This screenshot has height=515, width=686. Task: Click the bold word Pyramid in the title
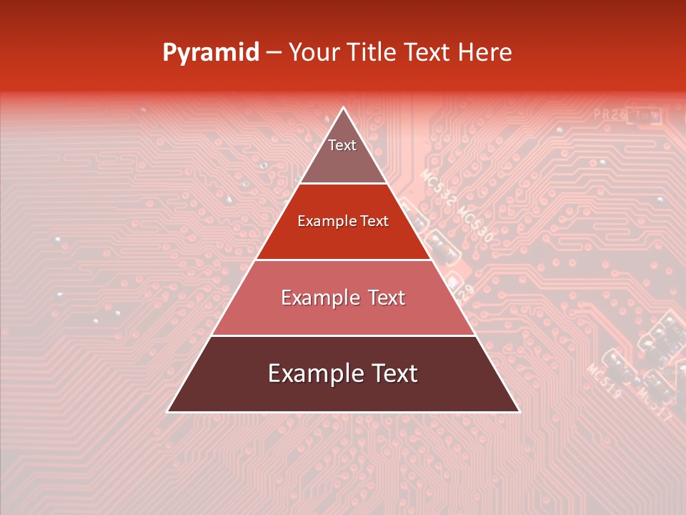click(210, 53)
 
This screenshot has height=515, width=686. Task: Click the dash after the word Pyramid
click(273, 53)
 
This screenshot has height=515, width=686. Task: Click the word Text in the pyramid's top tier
click(342, 145)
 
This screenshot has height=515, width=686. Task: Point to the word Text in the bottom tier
click(394, 373)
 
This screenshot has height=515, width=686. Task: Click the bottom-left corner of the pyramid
click(167, 412)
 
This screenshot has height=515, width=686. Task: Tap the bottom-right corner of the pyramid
click(520, 412)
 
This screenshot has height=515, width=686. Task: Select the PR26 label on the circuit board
click(610, 114)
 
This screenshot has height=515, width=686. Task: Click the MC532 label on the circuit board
click(437, 187)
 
